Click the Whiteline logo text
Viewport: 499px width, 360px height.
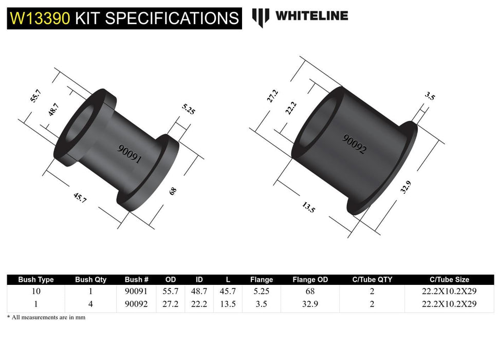(311, 16)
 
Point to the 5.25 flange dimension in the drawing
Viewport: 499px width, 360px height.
(188, 109)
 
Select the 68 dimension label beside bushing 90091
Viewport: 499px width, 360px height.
(173, 191)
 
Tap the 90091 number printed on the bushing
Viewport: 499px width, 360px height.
(129, 152)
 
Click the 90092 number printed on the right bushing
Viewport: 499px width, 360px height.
(355, 144)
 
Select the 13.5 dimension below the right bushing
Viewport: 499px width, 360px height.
(308, 208)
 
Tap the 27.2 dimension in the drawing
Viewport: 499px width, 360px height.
(273, 96)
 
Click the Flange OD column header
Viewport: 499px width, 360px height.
(310, 280)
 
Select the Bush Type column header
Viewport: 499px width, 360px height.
(36, 280)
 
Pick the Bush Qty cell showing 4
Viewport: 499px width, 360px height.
(90, 304)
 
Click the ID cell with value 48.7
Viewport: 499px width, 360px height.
(199, 292)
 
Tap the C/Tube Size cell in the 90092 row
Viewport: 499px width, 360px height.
(449, 304)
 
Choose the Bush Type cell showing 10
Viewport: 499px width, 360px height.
(36, 292)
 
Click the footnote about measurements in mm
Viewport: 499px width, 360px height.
(46, 317)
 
